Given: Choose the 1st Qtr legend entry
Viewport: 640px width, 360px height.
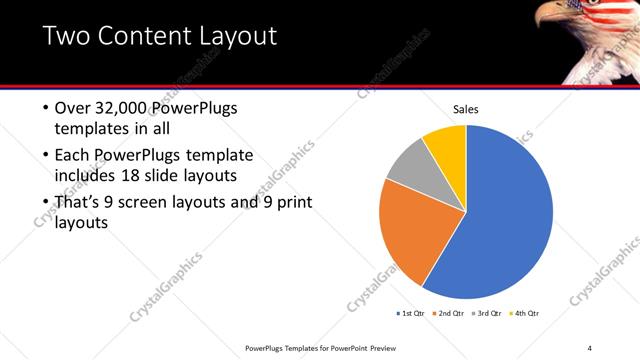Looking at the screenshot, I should pos(411,314).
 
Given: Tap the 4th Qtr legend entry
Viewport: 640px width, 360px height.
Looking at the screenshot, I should pos(525,314).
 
